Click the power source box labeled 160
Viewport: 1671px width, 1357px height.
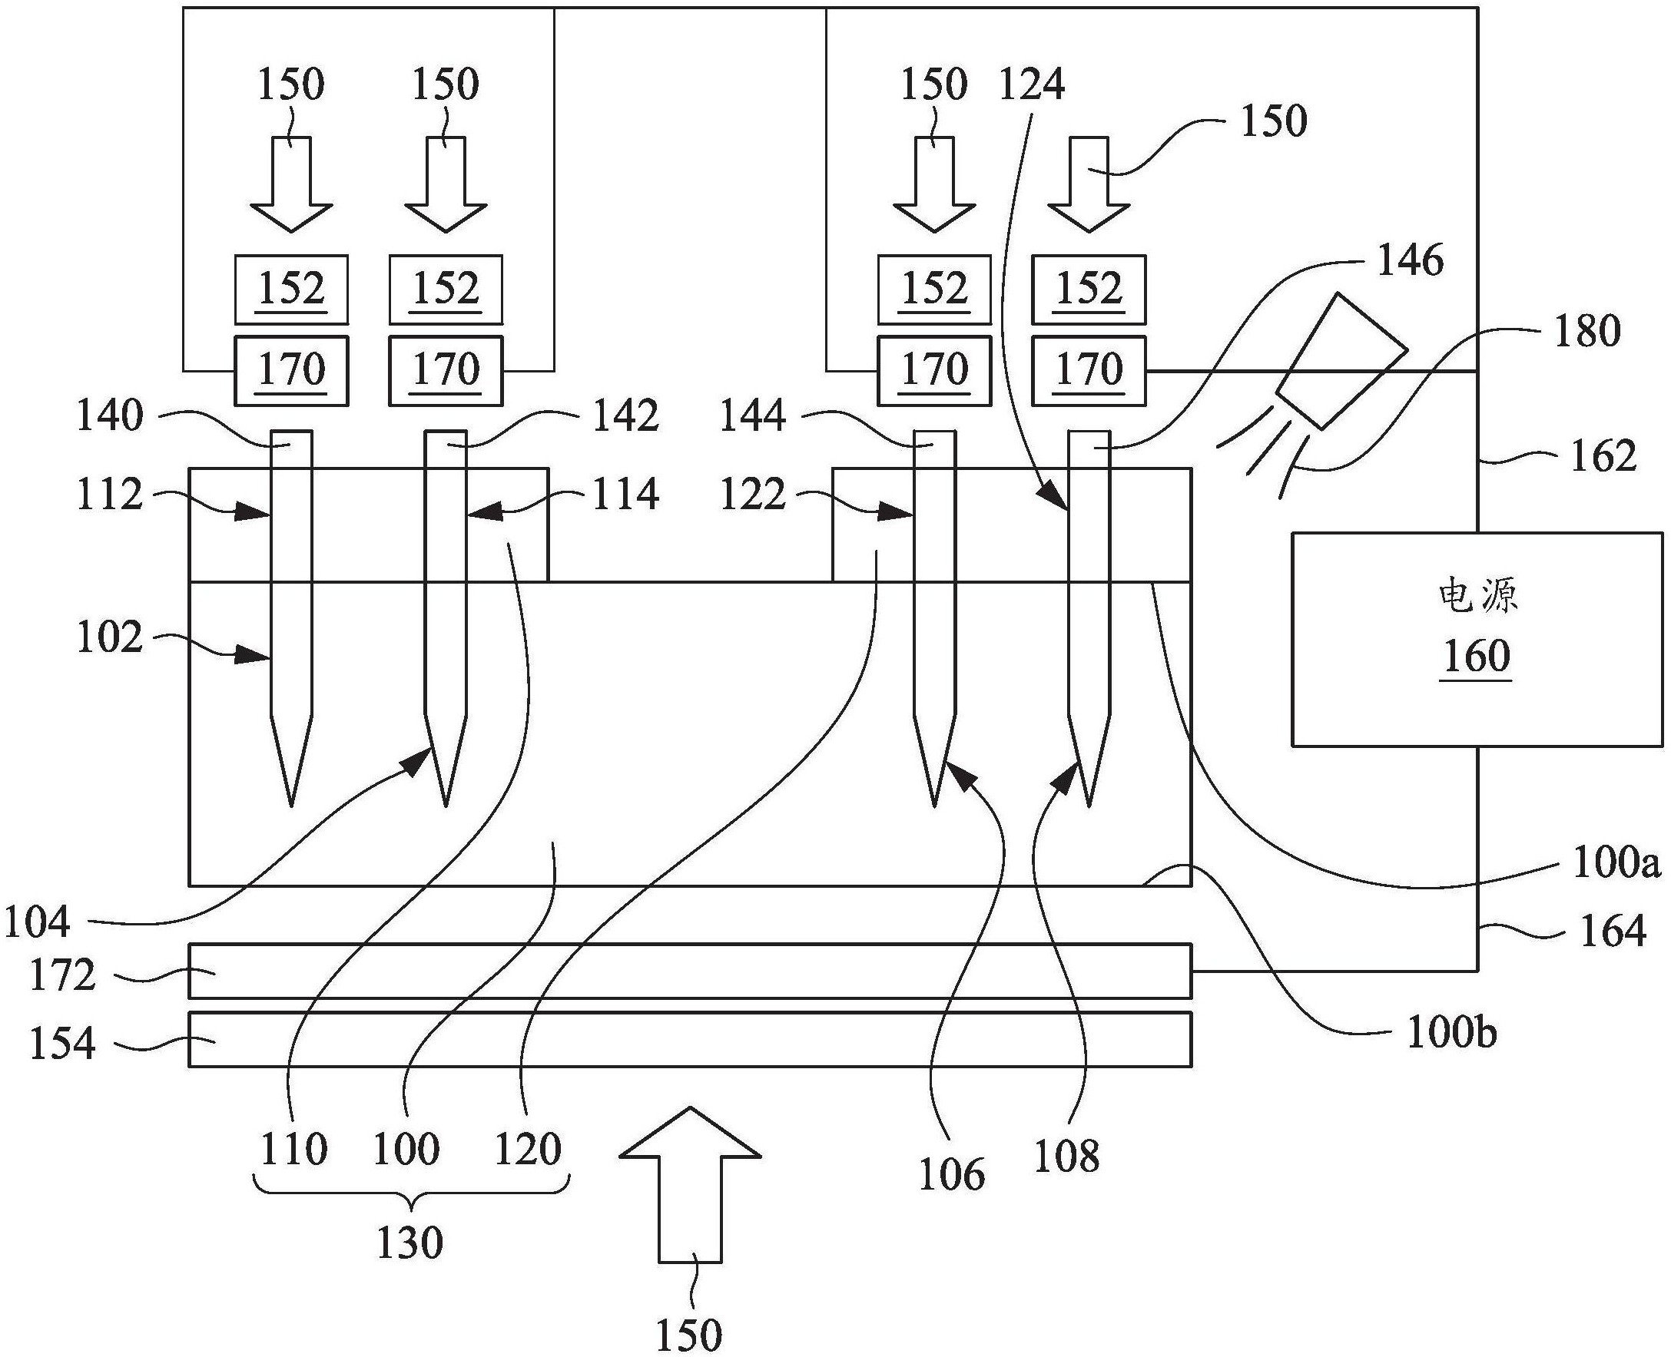pos(1477,639)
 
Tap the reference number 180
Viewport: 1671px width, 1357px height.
pos(1586,332)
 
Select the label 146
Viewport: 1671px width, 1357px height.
pos(1410,260)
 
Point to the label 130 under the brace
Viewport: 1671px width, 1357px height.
pos(409,1242)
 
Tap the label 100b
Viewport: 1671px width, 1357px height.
pos(1451,1033)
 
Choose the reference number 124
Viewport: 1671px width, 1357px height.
pos(1031,84)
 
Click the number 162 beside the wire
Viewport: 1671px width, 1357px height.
pos(1603,456)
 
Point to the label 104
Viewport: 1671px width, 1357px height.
pos(38,922)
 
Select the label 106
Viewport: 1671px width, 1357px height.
pos(951,1174)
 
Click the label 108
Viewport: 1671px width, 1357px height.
pos(1066,1156)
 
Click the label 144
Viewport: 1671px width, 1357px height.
pos(751,417)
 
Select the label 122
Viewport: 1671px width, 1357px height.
pos(752,495)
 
